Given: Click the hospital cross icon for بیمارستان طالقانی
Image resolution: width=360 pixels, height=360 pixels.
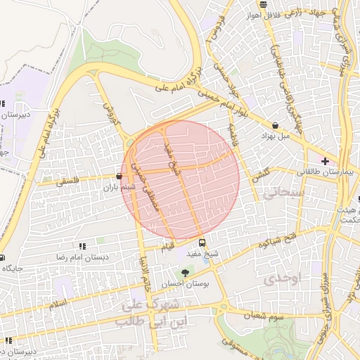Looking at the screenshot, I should click(x=324, y=161).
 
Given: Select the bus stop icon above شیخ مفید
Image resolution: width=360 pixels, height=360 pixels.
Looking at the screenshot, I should click(x=202, y=243).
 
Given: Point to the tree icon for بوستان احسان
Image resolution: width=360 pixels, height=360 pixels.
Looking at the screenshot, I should click(x=186, y=273).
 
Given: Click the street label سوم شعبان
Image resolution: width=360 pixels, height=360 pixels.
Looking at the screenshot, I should click(x=262, y=317).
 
